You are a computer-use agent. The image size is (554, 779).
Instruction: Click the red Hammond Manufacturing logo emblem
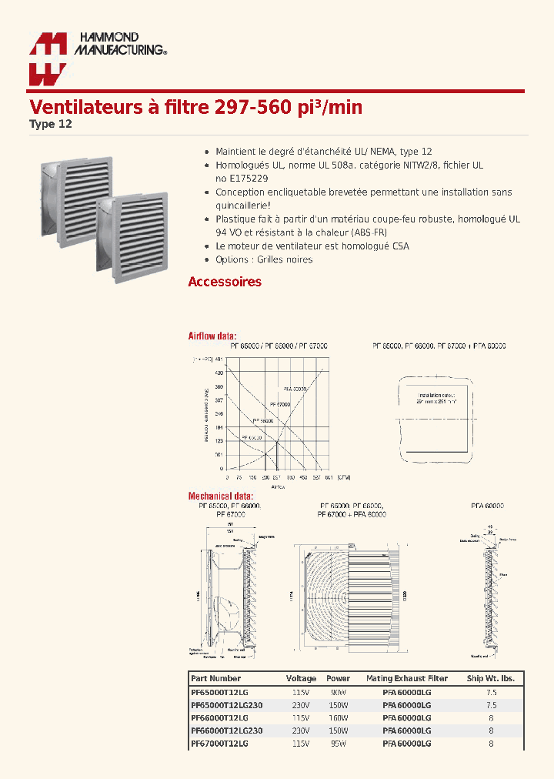click(x=48, y=59)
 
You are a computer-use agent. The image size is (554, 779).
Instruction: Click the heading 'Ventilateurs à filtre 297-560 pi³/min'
click(x=195, y=107)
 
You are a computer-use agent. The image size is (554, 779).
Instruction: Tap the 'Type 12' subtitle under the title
click(x=51, y=124)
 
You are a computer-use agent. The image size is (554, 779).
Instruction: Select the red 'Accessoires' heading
click(x=225, y=282)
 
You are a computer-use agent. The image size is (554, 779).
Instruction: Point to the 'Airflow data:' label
click(x=212, y=336)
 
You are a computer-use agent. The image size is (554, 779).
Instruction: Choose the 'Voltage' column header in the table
click(x=301, y=678)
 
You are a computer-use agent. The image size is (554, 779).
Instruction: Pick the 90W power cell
click(x=338, y=692)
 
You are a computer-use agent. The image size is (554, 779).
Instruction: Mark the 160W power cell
click(x=338, y=717)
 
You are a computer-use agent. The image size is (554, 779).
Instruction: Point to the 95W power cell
click(x=338, y=744)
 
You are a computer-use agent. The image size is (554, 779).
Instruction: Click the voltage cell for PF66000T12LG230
click(x=301, y=731)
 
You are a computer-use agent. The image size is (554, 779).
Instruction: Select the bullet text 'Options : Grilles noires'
click(x=264, y=259)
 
